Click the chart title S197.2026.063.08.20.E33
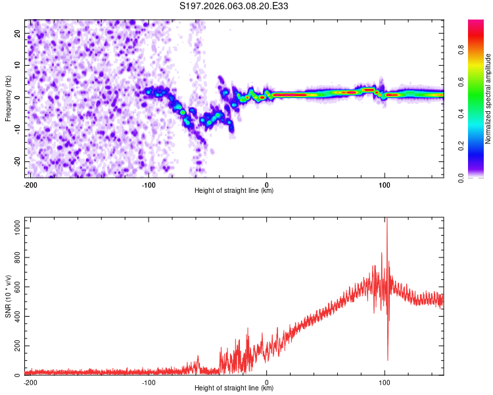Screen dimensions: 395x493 click(234, 6)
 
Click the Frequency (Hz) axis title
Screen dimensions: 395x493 click(8, 97)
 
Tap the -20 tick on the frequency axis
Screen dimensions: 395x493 click(17, 161)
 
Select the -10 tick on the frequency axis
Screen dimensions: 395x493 click(17, 129)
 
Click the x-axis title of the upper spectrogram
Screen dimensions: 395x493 click(234, 191)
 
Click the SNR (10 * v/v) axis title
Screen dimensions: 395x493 click(8, 296)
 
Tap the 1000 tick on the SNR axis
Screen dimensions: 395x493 click(15, 226)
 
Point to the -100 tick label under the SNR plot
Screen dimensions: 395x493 click(149, 382)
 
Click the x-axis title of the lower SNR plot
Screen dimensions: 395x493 click(234, 388)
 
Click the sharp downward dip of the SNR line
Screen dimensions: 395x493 click(388, 359)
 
